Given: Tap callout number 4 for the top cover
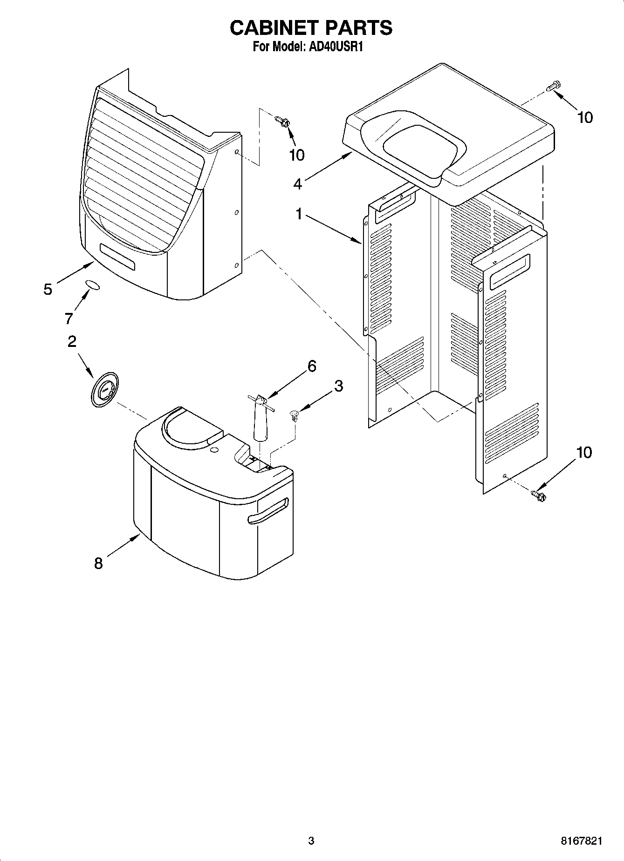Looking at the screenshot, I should tap(298, 184).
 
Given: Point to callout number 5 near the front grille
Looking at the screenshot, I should tap(48, 289).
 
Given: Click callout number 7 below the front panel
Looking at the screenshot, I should tap(69, 319).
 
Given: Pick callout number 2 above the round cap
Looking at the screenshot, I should tap(72, 342).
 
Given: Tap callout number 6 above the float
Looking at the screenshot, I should tap(312, 366).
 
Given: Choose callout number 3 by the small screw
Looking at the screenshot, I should tap(338, 386).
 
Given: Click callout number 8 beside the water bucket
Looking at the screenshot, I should tap(98, 564).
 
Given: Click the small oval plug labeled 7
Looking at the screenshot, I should tap(92, 285).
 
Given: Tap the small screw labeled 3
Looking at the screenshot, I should tap(294, 415).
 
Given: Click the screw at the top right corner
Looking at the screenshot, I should tap(554, 87).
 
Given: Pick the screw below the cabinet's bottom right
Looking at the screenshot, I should tap(538, 495).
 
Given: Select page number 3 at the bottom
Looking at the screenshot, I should tap(311, 841).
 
